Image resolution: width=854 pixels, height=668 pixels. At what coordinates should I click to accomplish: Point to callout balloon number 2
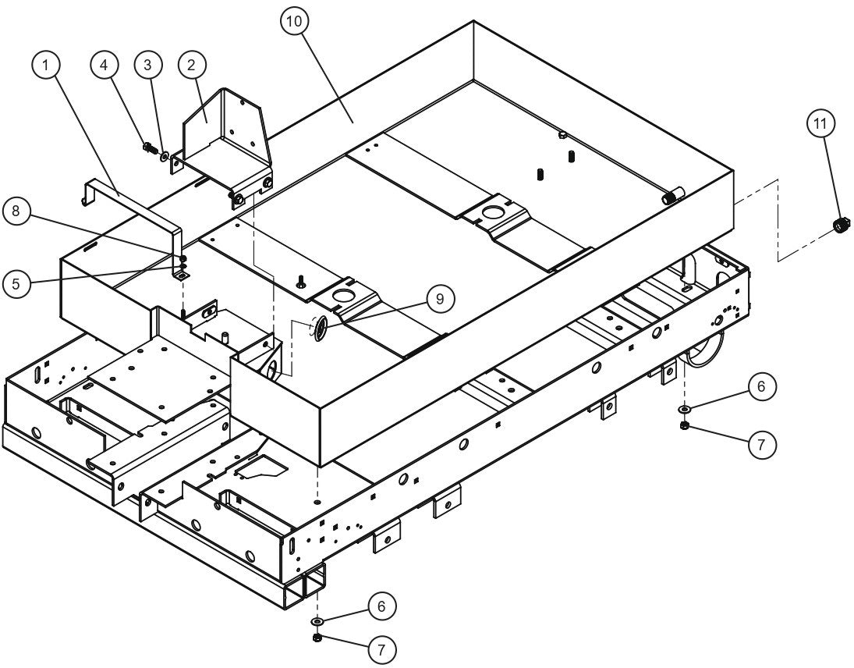[x=190, y=66]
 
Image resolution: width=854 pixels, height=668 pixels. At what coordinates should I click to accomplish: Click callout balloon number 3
[x=148, y=66]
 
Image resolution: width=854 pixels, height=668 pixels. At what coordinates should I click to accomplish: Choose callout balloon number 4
[x=105, y=66]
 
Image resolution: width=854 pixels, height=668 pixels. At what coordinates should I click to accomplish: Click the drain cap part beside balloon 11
[x=842, y=226]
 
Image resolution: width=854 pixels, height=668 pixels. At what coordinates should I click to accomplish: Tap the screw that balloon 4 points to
[x=147, y=145]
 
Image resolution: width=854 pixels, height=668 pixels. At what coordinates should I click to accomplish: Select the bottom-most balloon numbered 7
[x=381, y=648]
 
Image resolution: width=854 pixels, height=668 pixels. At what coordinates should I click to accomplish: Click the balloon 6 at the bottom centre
[x=381, y=606]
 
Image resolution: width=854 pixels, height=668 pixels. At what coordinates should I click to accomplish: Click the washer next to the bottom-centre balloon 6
[x=317, y=621]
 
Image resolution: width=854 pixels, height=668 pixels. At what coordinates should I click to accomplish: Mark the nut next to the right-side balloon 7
[x=684, y=425]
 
